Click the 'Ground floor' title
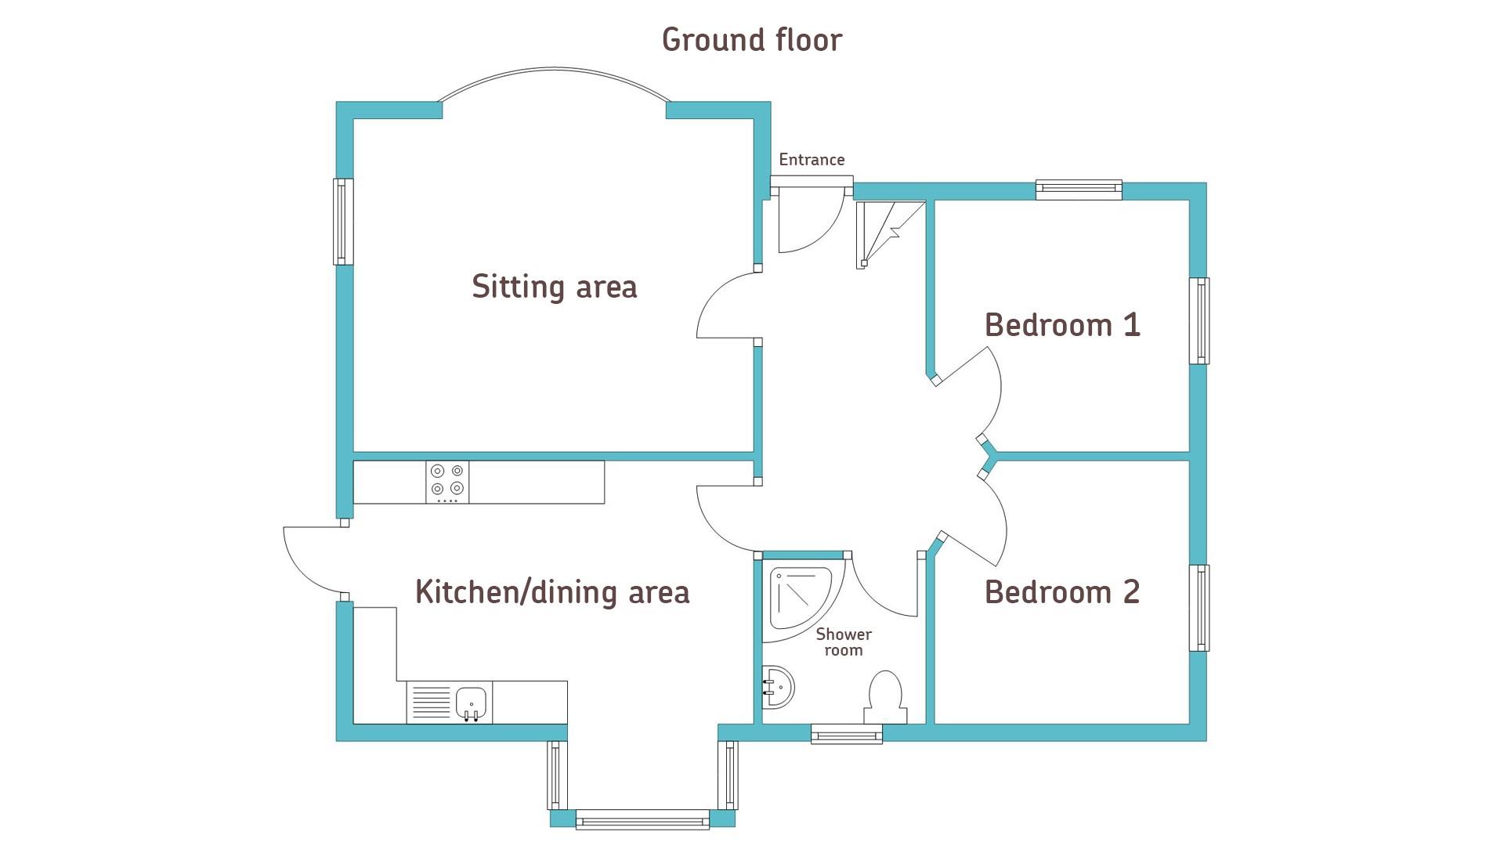pos(752,41)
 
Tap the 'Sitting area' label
pos(555,287)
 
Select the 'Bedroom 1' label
pos(1062,325)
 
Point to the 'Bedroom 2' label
pos(1062,592)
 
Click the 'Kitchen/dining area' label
pos(552,592)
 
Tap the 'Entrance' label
pos(812,160)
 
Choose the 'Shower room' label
pos(844,642)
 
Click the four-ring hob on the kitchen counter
pos(447,482)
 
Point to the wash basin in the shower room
pos(777,688)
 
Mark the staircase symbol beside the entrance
pos(891,233)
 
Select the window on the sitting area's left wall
pos(343,222)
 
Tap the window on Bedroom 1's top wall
pos(1079,189)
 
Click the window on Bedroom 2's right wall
pos(1199,608)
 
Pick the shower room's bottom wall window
pos(847,734)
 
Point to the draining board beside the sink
pos(431,703)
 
